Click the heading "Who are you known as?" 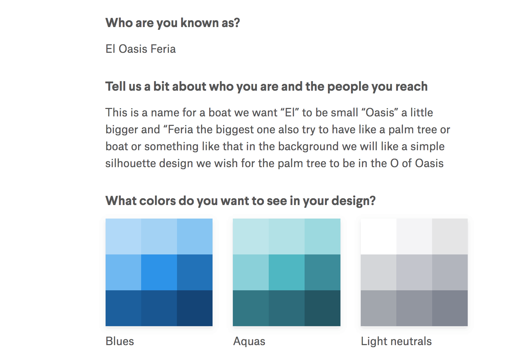[173, 23]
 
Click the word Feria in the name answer [163, 49]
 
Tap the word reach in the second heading [412, 87]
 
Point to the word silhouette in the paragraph [131, 163]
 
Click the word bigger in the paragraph [121, 130]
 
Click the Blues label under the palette [120, 341]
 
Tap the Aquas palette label [249, 341]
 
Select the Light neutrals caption [396, 341]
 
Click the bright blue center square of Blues [159, 272]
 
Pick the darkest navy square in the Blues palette [195, 308]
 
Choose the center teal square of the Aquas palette [287, 272]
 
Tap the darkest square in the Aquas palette [323, 308]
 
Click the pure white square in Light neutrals [379, 237]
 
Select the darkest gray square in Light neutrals [450, 308]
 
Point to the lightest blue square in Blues [124, 237]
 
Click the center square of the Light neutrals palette [414, 272]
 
